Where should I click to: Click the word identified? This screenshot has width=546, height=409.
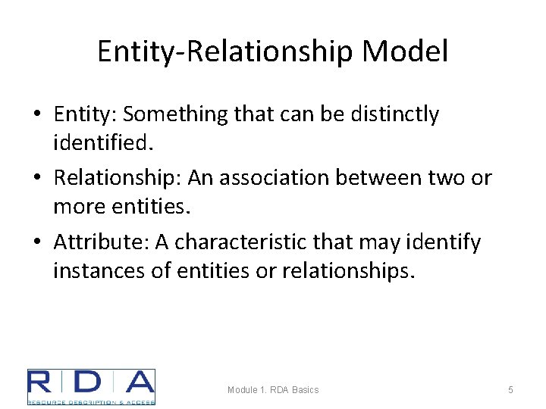point(99,142)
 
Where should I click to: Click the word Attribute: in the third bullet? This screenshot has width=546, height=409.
point(101,242)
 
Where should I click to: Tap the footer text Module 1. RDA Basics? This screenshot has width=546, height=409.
point(273,389)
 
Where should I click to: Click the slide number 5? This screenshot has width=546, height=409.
point(510,389)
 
